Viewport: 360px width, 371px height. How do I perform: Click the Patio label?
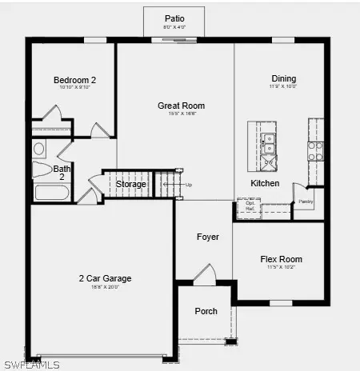(x=174, y=18)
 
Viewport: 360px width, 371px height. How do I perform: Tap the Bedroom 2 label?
(x=74, y=80)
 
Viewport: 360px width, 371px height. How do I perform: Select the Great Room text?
(x=181, y=106)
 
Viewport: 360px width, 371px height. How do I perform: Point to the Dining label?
(x=283, y=78)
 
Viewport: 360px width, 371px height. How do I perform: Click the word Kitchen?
(x=265, y=183)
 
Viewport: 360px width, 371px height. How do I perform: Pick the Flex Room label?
(x=281, y=259)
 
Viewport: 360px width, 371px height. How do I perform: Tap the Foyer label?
(x=208, y=237)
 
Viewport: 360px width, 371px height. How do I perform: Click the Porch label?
(x=206, y=311)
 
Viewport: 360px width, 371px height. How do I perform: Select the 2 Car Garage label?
(x=105, y=278)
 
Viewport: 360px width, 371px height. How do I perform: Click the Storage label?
(x=130, y=185)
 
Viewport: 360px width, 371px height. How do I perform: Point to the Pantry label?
(x=306, y=201)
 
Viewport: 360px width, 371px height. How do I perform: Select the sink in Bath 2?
(x=39, y=149)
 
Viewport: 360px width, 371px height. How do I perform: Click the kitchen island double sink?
(x=270, y=143)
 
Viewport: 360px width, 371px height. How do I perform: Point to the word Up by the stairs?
(x=189, y=185)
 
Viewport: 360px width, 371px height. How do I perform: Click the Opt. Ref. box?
(x=250, y=205)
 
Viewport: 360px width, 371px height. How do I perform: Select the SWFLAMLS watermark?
(x=31, y=365)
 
